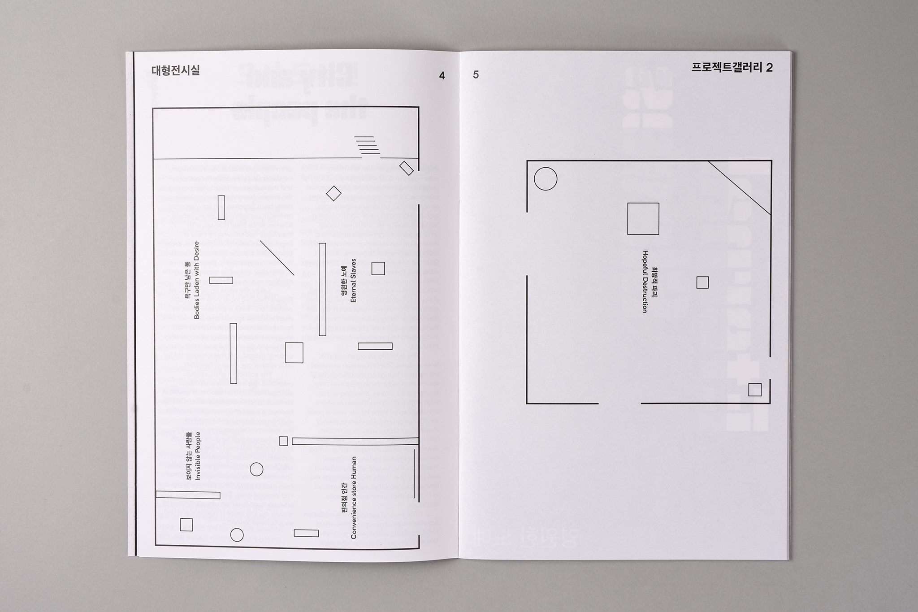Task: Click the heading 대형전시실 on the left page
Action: (x=176, y=70)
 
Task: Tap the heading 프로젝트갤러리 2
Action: (x=732, y=68)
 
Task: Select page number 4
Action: (x=442, y=76)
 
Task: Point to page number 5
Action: (x=476, y=75)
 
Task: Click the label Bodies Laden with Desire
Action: (x=193, y=280)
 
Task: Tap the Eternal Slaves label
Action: (x=349, y=280)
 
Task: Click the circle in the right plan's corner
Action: (x=546, y=179)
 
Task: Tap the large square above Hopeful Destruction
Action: (x=643, y=219)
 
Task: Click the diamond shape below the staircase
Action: (x=333, y=194)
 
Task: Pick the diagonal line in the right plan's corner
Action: (x=740, y=188)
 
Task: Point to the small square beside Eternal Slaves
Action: (x=378, y=268)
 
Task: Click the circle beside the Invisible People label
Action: (x=256, y=469)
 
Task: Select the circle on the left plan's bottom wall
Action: (x=237, y=535)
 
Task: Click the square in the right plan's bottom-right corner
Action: (x=755, y=390)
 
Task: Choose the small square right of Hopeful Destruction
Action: (x=702, y=282)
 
